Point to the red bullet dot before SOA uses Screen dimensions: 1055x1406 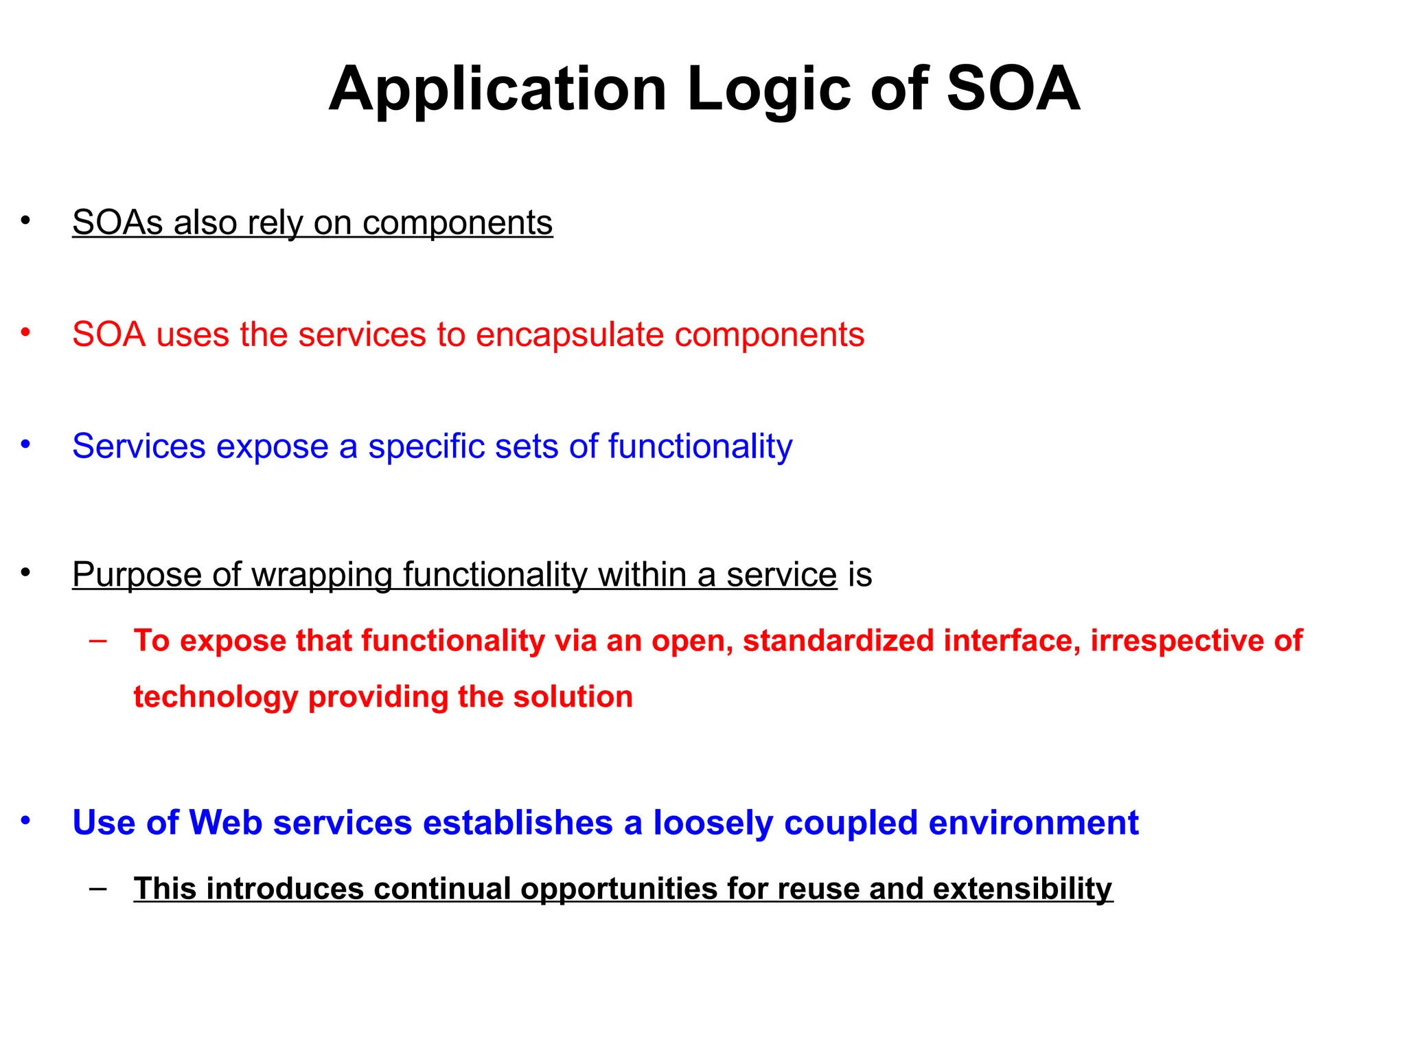tap(25, 333)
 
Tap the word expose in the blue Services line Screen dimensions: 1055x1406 tap(272, 447)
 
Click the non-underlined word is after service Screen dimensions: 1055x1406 tap(860, 574)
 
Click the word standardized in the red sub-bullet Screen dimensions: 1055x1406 tap(838, 641)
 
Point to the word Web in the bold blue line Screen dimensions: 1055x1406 tap(225, 823)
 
